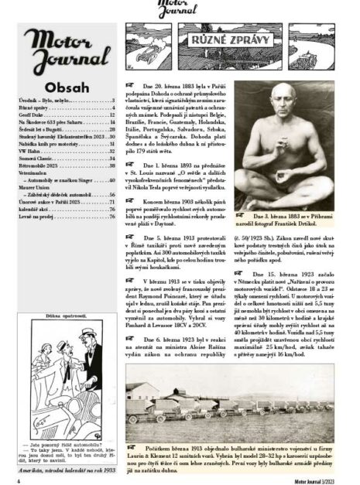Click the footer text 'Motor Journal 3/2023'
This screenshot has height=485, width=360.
tap(314, 476)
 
